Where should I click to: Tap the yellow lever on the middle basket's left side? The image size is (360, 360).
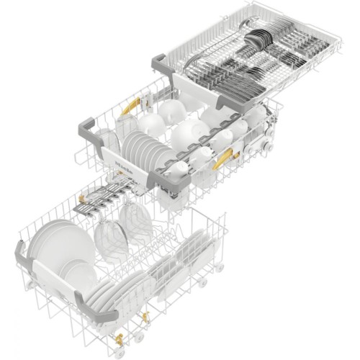(128, 108)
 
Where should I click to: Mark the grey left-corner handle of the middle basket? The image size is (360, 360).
(90, 125)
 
